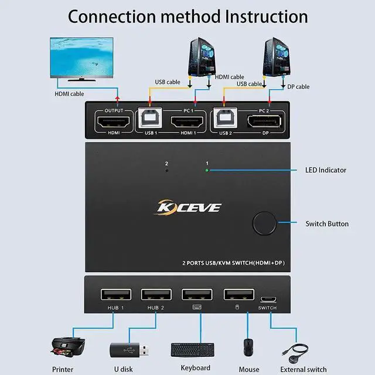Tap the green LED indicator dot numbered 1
point(206,171)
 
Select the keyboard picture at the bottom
point(195,349)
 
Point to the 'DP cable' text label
point(298,87)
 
